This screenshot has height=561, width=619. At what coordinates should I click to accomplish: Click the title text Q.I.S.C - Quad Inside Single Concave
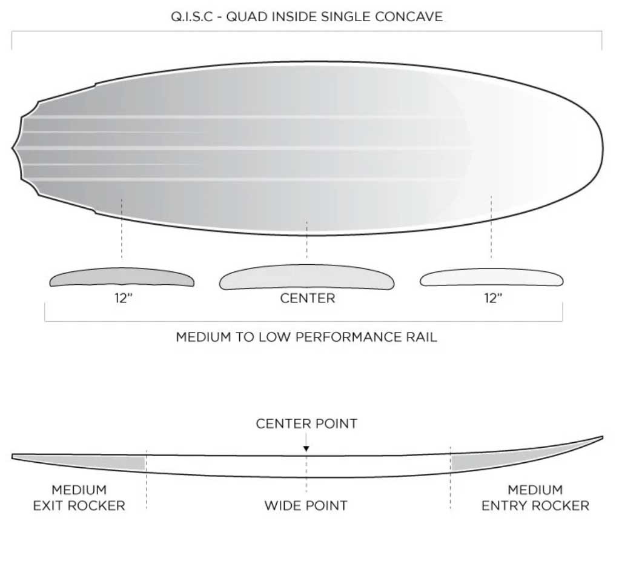(x=306, y=17)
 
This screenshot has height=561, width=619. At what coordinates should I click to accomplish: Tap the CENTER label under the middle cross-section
(x=308, y=298)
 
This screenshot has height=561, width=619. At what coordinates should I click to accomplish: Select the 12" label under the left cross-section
(x=124, y=298)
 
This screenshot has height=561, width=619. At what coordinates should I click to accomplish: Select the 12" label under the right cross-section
(x=493, y=298)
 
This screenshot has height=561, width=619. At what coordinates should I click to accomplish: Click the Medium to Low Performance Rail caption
(x=306, y=337)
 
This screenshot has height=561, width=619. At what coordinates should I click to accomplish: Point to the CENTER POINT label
(x=306, y=423)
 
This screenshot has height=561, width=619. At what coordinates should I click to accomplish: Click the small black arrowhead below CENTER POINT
(x=306, y=448)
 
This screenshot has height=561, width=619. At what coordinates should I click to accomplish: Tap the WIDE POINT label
(x=306, y=505)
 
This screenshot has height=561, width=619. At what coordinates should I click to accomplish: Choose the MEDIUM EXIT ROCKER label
(x=79, y=497)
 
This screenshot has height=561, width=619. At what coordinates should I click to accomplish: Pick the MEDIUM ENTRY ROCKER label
(x=535, y=497)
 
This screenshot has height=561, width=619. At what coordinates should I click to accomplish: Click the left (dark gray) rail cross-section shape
(x=122, y=277)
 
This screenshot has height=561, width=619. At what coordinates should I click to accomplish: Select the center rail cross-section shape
(x=306, y=277)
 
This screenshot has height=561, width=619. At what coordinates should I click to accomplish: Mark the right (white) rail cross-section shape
(x=491, y=277)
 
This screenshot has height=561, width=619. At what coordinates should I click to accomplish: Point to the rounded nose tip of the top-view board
(x=603, y=148)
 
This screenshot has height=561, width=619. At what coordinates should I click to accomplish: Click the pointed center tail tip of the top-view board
(x=12, y=148)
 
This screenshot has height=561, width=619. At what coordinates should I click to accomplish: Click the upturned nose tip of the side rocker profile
(x=602, y=437)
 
